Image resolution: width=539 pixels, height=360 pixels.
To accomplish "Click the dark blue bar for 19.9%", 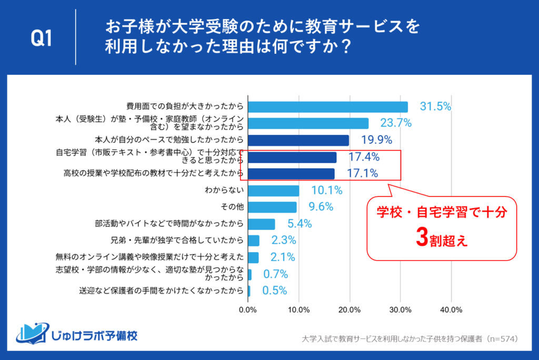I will [x=298, y=140].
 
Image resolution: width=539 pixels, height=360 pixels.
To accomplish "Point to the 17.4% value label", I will [x=364, y=157].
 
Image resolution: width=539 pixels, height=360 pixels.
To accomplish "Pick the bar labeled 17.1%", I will [x=291, y=174].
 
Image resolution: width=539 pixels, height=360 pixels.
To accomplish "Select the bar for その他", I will [x=272, y=207].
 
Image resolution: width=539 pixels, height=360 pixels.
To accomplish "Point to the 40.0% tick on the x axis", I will [x=451, y=309].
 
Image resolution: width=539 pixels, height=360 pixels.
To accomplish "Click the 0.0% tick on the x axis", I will [x=248, y=309].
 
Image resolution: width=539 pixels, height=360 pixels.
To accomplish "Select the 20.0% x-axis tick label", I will [x=350, y=309].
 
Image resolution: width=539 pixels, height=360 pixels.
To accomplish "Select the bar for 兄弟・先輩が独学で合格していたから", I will [x=253, y=241].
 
